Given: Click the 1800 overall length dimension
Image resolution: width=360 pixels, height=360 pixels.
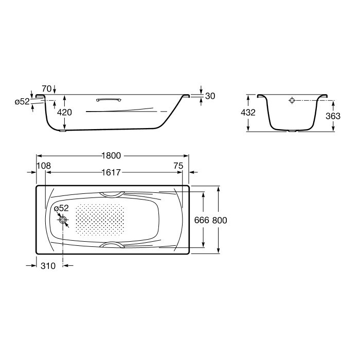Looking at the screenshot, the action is [112, 156].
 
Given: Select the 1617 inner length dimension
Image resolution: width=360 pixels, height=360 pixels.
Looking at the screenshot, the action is [111, 172].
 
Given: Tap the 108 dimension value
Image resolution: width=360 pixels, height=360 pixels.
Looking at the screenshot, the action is [44, 166].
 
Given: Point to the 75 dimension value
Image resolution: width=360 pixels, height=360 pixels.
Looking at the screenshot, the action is [178, 166].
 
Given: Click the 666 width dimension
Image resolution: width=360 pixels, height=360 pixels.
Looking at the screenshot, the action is [202, 220].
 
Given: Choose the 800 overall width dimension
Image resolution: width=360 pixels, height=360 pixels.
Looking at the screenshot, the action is [220, 220].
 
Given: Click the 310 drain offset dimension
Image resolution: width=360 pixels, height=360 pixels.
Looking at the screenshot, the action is [48, 266].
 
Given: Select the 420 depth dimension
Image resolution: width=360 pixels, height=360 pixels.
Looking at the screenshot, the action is [64, 112].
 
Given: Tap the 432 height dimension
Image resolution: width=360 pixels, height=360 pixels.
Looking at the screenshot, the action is [248, 113].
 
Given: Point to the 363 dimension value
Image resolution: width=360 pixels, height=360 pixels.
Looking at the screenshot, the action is [333, 116].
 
